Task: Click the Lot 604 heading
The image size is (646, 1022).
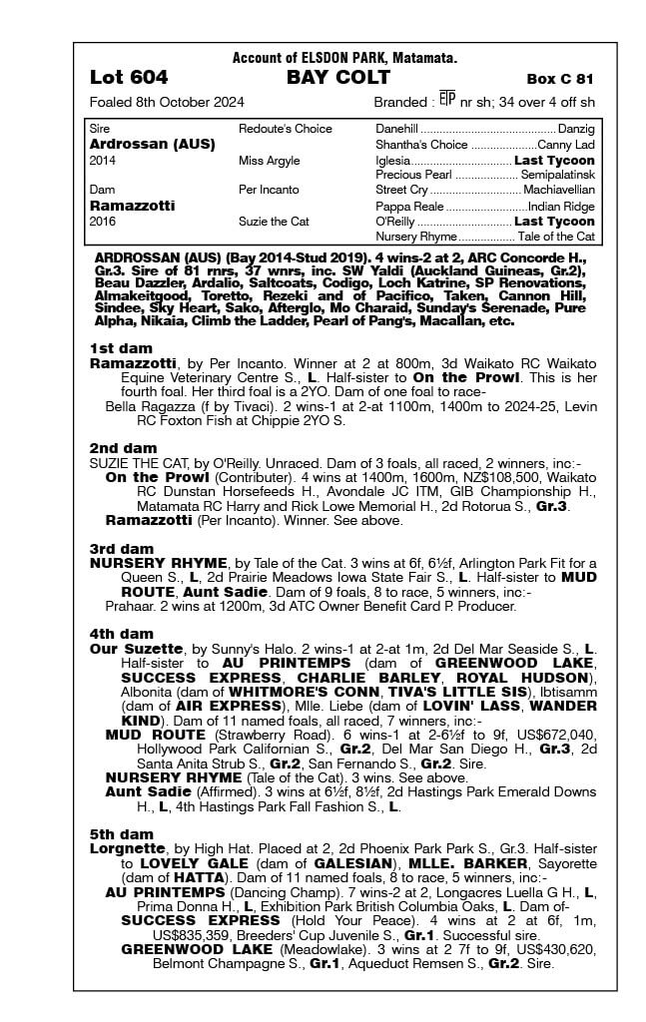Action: pos(129,78)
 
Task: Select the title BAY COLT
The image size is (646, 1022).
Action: pos(324,78)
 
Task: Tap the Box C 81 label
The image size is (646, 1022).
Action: pos(560,79)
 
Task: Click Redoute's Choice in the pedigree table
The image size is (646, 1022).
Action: pos(286,129)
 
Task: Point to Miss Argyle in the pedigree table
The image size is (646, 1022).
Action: pos(268,160)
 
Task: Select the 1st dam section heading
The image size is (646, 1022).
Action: pos(122,348)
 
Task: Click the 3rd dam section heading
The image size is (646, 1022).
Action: pos(122,549)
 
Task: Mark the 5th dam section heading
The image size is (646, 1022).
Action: pos(122,833)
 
